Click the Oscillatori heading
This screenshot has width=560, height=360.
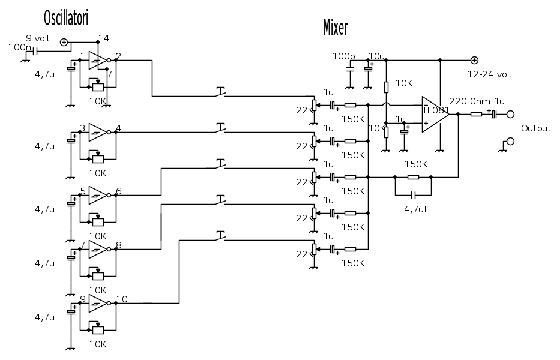pos(66,19)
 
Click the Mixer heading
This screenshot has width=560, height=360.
pos(336,27)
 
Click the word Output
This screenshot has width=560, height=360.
pos(535,128)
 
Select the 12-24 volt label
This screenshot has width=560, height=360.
pos(490,74)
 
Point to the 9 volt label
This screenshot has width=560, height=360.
pos(41,37)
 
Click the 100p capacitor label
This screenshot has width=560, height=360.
pos(343,56)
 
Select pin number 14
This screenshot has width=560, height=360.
pos(104,38)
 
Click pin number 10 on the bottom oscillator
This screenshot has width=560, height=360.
pos(122,299)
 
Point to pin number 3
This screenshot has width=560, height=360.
pos(82,128)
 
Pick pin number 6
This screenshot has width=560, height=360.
pos(119,191)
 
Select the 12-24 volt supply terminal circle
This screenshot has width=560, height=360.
pos(474,60)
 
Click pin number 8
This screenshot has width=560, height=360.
pos(119,245)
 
